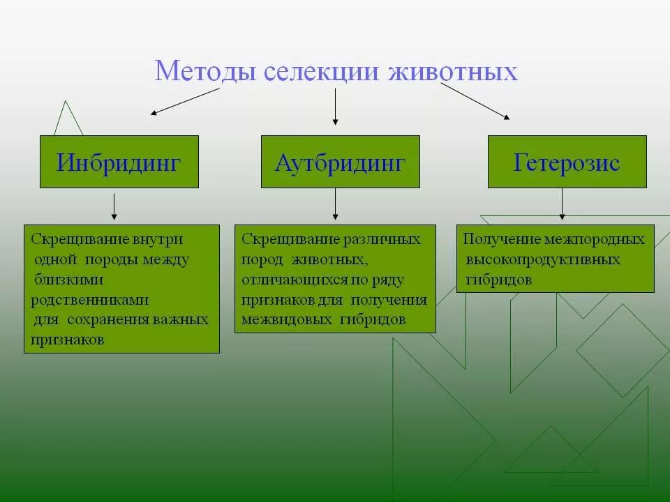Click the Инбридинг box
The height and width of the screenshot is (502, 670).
click(119, 162)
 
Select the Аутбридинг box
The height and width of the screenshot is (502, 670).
click(341, 162)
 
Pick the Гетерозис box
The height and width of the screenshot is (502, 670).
click(567, 162)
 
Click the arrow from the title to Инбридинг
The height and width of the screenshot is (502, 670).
click(185, 101)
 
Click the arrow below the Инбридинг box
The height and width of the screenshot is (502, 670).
click(114, 206)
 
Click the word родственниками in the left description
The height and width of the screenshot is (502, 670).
click(90, 300)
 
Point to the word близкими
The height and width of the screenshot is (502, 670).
click(69, 280)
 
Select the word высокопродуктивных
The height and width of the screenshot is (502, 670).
click(543, 259)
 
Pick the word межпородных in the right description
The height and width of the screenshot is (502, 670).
click(604, 239)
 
